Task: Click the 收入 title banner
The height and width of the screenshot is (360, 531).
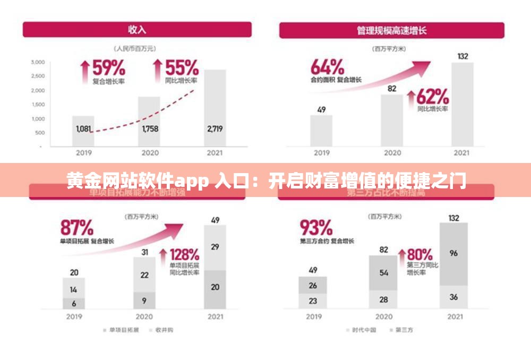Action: [137, 29]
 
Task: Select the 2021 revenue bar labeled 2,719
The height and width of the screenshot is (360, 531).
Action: [215, 108]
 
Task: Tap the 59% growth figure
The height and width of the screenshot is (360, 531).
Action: [109, 68]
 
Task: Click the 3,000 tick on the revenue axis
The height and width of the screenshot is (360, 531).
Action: [38, 62]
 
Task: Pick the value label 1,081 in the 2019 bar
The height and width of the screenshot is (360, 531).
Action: [83, 128]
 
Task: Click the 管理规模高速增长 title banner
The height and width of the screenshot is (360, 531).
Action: [392, 30]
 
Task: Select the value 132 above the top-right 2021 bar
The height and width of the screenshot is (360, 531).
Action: [463, 56]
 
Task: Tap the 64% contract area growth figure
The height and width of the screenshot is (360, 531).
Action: [327, 67]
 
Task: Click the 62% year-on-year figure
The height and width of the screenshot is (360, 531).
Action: [432, 97]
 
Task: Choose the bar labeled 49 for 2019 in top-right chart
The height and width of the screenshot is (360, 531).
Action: [321, 130]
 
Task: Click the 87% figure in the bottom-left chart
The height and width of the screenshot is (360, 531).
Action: [77, 228]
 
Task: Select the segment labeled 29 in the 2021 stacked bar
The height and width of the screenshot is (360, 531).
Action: [215, 247]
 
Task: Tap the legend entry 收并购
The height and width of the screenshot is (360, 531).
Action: [161, 330]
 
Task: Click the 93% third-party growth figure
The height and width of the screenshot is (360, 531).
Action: [316, 228]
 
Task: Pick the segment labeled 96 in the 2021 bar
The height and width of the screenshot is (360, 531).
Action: [453, 254]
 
